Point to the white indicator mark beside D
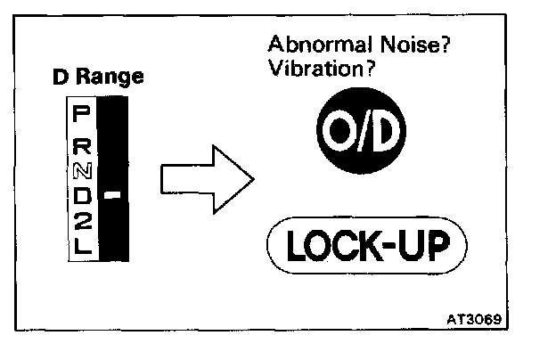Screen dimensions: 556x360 [x=112, y=194]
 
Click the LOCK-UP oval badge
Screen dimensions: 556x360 [x=366, y=242]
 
